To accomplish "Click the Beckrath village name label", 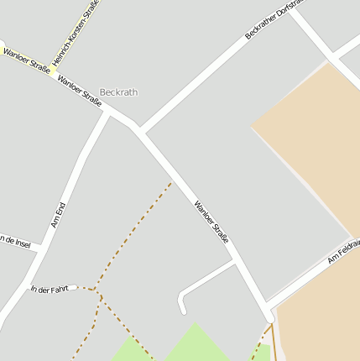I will click(118, 92).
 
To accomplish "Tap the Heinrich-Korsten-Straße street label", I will click(75, 34).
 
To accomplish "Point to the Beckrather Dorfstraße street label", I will click(278, 18).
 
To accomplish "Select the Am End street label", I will click(58, 215).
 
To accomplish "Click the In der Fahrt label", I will click(49, 290).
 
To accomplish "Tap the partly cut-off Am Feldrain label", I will click(344, 250).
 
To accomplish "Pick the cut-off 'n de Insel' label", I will click(15, 242).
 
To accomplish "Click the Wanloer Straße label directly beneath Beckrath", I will click(80, 92).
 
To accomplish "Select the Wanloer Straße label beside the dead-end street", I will click(211, 222).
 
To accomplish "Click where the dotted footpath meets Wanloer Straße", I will click(171, 183).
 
